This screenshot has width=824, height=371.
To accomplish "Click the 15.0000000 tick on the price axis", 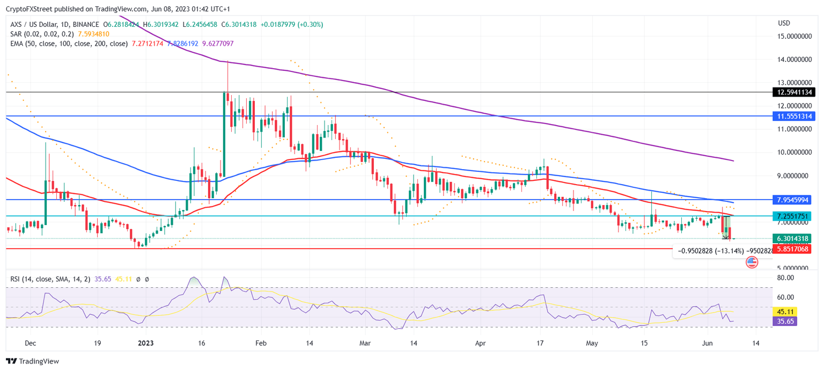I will click(796, 36).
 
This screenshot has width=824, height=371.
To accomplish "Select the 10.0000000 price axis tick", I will click(796, 152).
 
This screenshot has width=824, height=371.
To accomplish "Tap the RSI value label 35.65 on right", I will click(785, 321).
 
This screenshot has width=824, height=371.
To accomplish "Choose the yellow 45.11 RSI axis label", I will click(785, 311).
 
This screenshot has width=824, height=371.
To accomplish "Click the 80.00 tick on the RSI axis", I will click(785, 278).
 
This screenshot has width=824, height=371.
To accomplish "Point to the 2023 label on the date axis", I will click(145, 343).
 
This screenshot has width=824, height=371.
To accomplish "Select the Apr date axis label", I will click(481, 343).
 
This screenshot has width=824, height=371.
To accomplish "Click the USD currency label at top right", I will click(784, 23).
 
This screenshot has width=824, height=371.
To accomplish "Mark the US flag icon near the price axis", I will click(752, 262).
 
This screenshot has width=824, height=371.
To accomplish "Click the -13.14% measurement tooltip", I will click(719, 251).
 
